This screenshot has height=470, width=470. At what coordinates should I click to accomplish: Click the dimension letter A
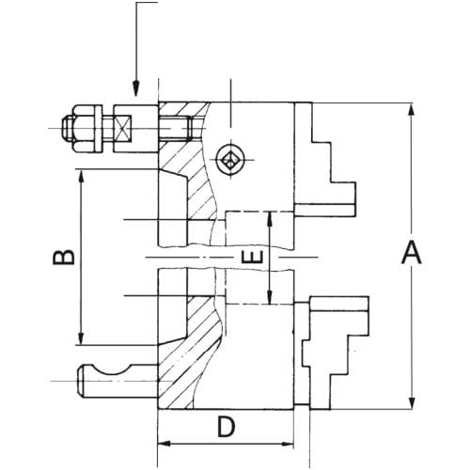pos(412,252)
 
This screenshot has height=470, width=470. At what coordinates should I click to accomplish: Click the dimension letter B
pos(64,253)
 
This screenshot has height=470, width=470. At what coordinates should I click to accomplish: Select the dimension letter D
pos(226,427)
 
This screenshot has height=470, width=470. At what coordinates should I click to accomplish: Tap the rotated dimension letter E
pos(253,258)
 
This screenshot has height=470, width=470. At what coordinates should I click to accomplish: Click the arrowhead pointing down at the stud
pos(135,88)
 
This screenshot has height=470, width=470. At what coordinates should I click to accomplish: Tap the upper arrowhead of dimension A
pos(412,110)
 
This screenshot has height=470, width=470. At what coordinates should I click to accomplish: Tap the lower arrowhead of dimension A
pos(412,401)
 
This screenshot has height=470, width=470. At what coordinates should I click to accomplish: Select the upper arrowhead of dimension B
pos(81,178)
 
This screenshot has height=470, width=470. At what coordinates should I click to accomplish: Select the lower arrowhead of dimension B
pos(81,337)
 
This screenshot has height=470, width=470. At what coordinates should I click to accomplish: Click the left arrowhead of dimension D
pos(164,444)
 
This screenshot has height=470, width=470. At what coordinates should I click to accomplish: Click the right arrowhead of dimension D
pos(287,444)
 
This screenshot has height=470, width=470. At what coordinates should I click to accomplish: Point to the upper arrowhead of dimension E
pos(270,220)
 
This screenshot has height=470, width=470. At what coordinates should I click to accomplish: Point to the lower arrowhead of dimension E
pos(270,296)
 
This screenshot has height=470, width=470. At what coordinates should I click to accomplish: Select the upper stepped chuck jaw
pos(326,160)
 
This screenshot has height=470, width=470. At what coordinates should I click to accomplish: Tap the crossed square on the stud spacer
pos(123,129)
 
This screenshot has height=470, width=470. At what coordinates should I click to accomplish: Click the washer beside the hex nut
pos(99,129)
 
